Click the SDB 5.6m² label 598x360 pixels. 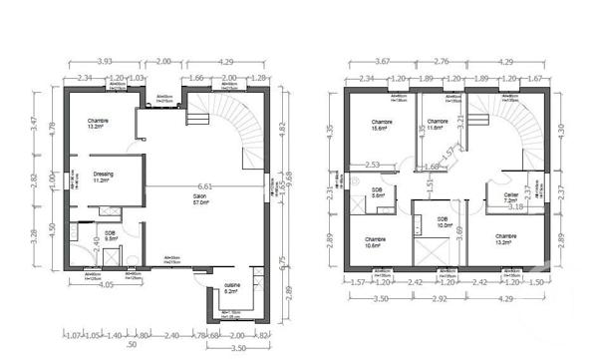pyautogui.click(x=377, y=193)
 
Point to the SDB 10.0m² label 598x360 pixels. pyautogui.click(x=442, y=221)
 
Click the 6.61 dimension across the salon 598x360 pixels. pyautogui.click(x=205, y=186)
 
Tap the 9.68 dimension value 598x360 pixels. pyautogui.click(x=291, y=177)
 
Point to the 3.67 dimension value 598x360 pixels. pyautogui.click(x=381, y=61)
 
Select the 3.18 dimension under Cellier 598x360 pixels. pyautogui.click(x=515, y=207)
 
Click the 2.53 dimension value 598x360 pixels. pyautogui.click(x=372, y=165)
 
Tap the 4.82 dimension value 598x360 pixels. pyautogui.click(x=281, y=128)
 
